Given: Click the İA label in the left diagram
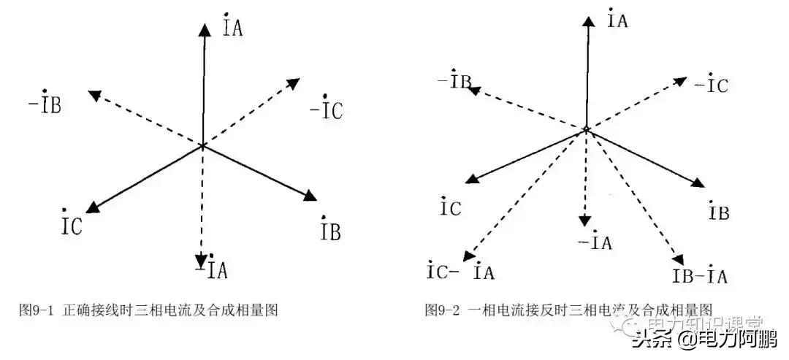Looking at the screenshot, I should (232, 27).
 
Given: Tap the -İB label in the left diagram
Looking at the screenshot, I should (45, 104).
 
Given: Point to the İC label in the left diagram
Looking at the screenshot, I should (72, 224).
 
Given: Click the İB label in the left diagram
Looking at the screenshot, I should (330, 231).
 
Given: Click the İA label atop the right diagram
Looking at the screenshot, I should (617, 20).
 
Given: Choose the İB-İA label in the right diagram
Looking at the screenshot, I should (699, 276).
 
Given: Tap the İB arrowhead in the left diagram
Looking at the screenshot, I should (310, 196).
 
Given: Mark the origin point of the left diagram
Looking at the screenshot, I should (202, 147).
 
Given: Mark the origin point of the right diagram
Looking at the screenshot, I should (586, 130).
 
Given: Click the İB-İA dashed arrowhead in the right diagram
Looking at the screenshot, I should (679, 259).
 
